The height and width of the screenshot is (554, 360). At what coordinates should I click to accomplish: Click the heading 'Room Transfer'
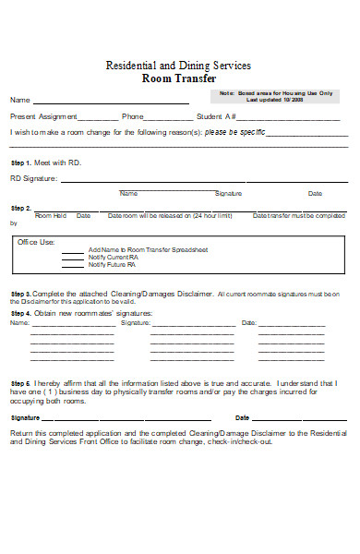click(178, 79)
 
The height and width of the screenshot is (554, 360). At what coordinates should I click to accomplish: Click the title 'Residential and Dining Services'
click(179, 66)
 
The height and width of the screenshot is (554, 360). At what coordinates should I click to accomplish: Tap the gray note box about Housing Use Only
click(277, 96)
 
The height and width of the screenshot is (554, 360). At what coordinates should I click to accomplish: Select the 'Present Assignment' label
click(42, 117)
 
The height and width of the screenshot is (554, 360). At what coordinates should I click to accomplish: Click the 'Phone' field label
click(133, 117)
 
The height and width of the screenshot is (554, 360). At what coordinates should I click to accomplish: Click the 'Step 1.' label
click(21, 162)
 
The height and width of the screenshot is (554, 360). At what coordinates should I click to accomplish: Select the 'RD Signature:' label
click(33, 178)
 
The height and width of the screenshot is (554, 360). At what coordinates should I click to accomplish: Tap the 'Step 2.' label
click(21, 208)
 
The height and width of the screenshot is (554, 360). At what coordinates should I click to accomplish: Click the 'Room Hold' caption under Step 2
click(50, 215)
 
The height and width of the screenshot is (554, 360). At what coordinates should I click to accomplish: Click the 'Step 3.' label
click(21, 294)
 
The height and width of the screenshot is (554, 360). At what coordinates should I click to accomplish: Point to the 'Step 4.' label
click(21, 313)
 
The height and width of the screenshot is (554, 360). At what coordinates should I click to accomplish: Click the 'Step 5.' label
click(21, 381)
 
